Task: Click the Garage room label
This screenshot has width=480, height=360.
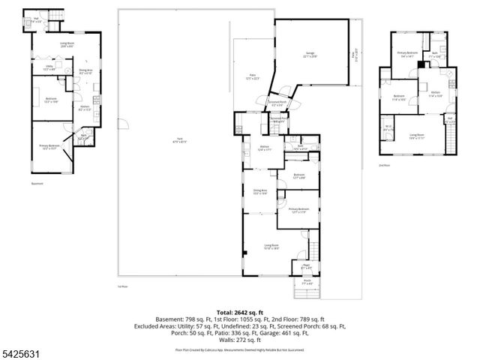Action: pos(310,54)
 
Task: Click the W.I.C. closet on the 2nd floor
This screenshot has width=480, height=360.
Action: pos(388,127)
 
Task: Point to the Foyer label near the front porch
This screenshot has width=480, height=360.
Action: pos(306,265)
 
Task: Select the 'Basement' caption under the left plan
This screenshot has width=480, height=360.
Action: pos(37,183)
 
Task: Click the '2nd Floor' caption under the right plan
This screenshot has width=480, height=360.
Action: pos(385,164)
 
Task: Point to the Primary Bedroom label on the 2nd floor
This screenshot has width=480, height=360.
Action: pos(407,54)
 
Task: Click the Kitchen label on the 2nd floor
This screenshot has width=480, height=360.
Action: pos(434,94)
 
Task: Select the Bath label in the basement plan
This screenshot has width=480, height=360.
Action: pos(84,137)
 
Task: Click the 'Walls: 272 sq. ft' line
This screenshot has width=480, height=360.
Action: pos(239,340)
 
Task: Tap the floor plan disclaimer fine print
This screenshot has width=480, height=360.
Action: pos(239,349)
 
